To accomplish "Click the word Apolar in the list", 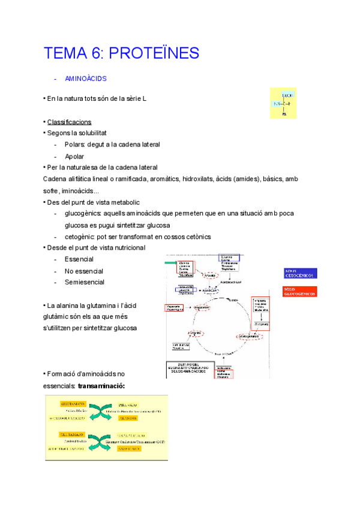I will coord(74,156).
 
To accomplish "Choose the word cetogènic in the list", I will coord(80,236).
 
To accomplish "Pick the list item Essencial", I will coord(79,259).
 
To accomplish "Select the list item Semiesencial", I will coord(85,282).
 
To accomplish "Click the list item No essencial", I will coord(84,271).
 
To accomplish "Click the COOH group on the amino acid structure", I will coord(287,95).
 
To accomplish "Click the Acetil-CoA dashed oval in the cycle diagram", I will coord(210,291).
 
